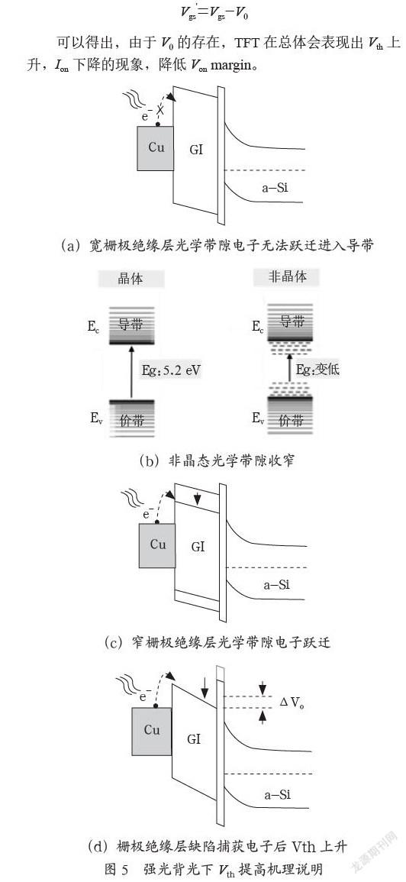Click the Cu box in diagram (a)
(155, 148)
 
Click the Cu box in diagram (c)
(157, 546)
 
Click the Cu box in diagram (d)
(151, 731)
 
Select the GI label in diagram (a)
(197, 150)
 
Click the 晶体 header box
(131, 279)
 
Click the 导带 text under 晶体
(132, 324)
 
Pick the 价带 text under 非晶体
(288, 420)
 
